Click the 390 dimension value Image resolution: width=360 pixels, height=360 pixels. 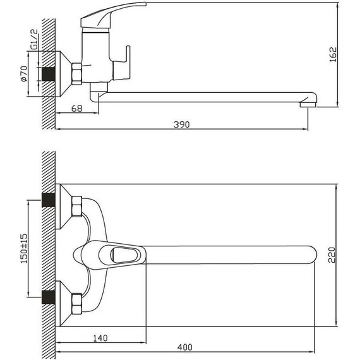182,124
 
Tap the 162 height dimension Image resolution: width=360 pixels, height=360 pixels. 333,54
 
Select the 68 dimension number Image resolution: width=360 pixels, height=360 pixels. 76,109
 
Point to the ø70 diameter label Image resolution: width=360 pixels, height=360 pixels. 23,74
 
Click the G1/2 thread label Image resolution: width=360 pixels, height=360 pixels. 34,39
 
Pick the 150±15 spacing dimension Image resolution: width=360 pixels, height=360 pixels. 24,248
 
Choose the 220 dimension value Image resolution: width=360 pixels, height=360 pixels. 332,255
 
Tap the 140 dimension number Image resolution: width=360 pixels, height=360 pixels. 100,338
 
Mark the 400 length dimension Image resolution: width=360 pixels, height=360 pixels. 185,347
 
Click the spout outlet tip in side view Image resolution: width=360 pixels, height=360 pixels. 308,105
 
